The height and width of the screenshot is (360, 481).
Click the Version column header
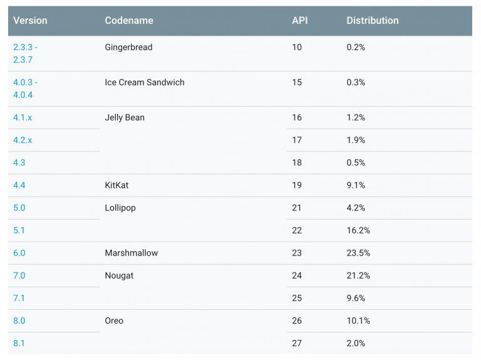(x=30, y=21)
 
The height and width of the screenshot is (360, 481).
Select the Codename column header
(x=129, y=21)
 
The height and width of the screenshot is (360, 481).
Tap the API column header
(x=299, y=21)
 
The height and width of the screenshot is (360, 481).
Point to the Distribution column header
(x=372, y=21)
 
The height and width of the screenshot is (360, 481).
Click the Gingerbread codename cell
(x=128, y=48)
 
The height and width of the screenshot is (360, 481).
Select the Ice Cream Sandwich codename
(x=145, y=83)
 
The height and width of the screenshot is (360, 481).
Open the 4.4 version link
(x=19, y=185)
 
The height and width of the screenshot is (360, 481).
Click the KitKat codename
(x=116, y=185)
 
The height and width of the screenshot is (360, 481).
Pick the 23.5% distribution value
(x=358, y=253)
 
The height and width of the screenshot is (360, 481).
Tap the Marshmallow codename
(x=131, y=253)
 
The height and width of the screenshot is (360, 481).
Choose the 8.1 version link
(x=19, y=343)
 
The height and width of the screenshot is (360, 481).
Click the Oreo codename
(x=114, y=321)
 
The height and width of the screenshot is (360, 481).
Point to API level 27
(x=297, y=343)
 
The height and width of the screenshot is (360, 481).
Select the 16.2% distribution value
(x=358, y=230)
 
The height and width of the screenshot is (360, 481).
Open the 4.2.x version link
(x=23, y=140)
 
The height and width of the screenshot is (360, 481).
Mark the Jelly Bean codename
(x=125, y=118)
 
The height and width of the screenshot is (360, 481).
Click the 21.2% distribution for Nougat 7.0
(x=358, y=275)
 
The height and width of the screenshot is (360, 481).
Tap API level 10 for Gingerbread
(x=297, y=48)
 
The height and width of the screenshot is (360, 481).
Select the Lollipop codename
(x=120, y=208)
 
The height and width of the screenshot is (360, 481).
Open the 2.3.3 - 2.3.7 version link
(x=25, y=53)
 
